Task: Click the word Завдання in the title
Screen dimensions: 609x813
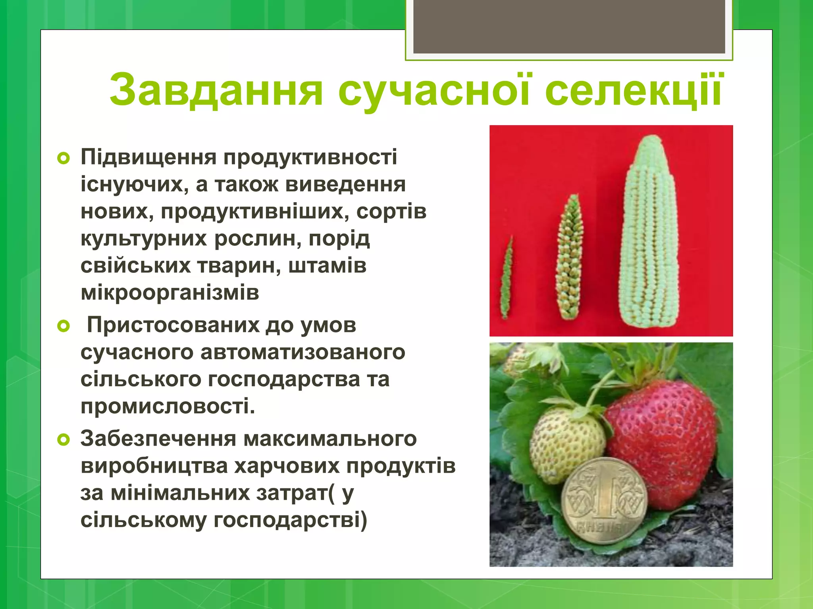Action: tap(216, 90)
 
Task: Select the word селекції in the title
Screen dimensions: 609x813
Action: tap(633, 90)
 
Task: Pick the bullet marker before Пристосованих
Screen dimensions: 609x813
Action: tap(64, 327)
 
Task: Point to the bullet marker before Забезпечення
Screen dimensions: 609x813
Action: tap(64, 440)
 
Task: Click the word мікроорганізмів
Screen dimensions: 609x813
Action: tap(170, 293)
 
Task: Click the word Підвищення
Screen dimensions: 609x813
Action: tap(148, 158)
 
